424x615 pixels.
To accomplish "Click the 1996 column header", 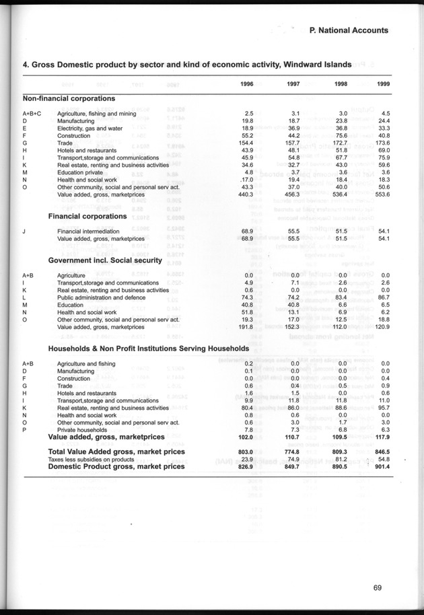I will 246,83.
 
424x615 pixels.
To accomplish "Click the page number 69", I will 378,587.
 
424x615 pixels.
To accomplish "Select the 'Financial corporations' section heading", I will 87,216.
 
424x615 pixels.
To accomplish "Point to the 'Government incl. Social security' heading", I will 104,260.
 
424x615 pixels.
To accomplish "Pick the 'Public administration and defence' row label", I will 101,297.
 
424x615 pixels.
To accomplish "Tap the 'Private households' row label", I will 83,429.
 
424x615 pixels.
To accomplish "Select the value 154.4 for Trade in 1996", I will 243,143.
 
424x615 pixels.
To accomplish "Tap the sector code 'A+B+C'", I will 32,113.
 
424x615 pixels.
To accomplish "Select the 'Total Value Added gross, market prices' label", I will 116,451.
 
